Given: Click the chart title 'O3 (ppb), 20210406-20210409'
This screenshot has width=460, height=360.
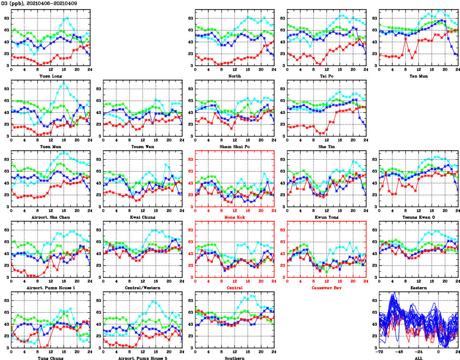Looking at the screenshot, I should [x=39, y=3].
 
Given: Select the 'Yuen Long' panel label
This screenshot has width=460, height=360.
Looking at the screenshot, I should [x=50, y=76].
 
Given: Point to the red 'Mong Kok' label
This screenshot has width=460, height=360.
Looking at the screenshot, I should [x=234, y=217].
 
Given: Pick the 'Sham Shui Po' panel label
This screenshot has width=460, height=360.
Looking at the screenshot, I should [x=234, y=146].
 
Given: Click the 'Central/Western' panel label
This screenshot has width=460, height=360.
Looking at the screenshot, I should [x=142, y=288].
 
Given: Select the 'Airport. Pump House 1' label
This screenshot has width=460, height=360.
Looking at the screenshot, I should [x=50, y=288].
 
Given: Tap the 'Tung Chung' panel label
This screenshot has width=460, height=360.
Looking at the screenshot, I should [x=50, y=358].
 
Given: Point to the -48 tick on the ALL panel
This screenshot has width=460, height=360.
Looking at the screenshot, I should [x=399, y=353].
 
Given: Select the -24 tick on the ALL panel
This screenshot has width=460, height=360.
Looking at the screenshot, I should [x=419, y=353].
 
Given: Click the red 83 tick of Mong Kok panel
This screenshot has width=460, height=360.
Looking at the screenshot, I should [x=191, y=159].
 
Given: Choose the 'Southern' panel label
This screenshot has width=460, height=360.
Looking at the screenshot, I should [x=234, y=358].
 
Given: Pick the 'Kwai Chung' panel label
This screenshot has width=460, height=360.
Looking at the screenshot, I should [x=142, y=217].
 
